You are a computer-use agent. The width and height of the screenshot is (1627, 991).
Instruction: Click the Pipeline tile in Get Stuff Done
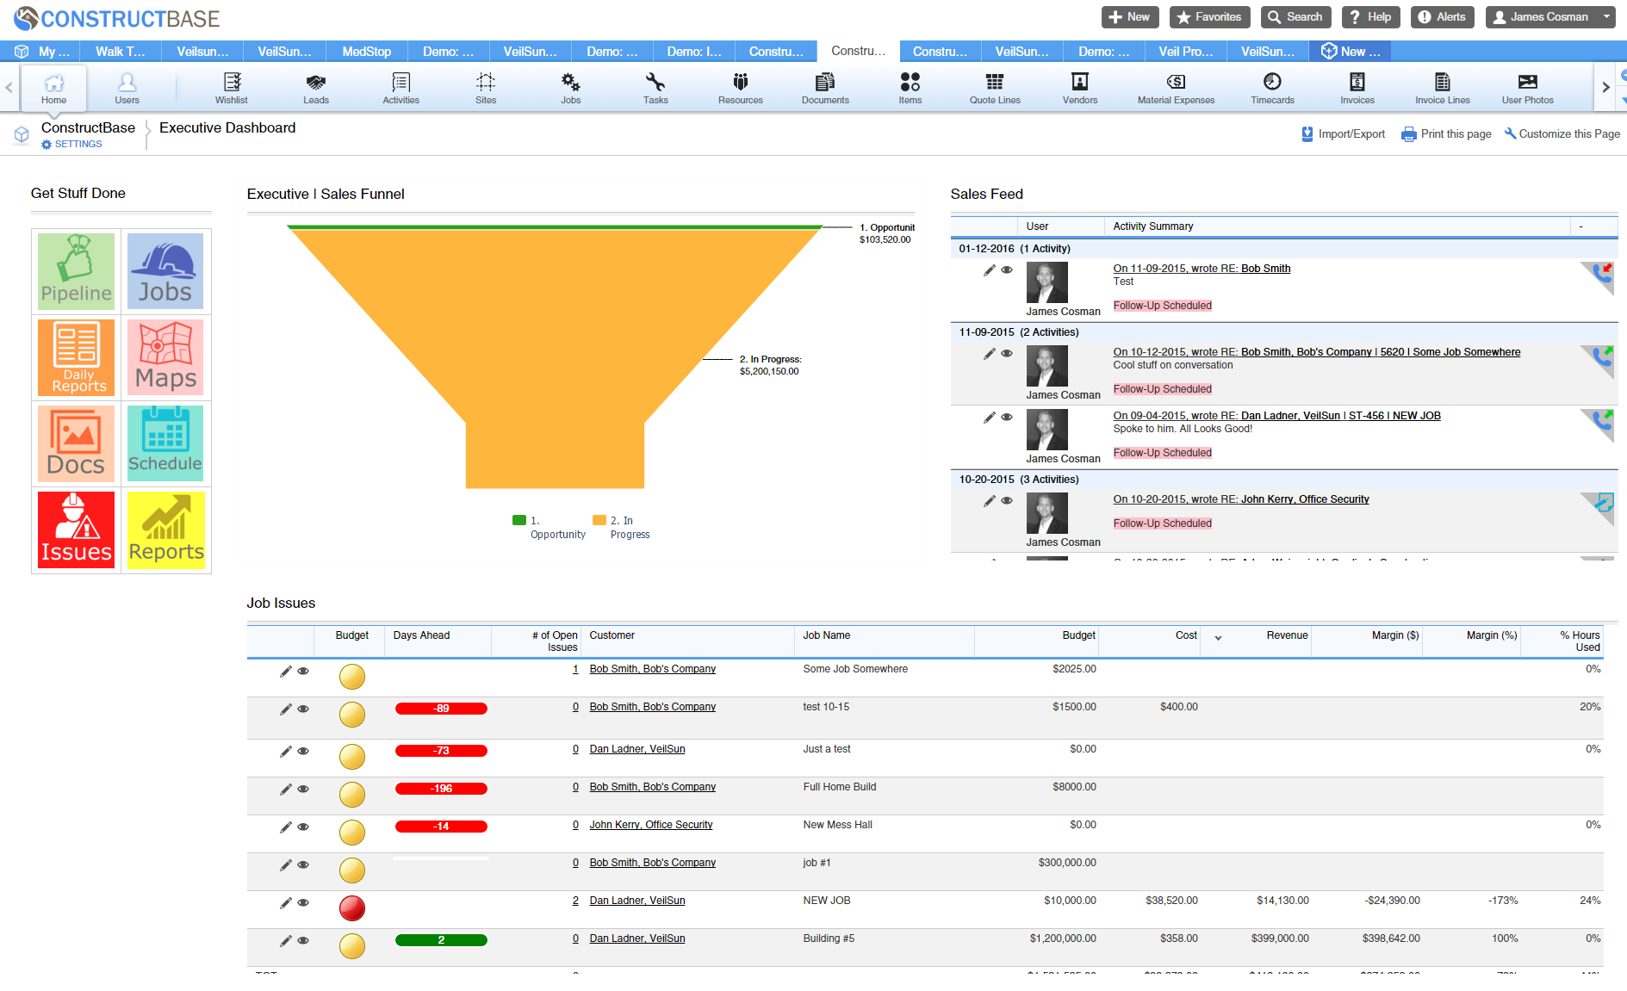pos(76,271)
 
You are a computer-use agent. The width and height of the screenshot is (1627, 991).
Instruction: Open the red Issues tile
pos(76,530)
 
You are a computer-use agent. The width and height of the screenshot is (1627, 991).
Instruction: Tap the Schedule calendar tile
pos(165,443)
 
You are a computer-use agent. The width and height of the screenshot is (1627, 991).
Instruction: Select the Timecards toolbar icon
pos(1271,88)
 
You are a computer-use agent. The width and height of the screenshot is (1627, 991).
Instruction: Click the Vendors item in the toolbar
pos(1079,88)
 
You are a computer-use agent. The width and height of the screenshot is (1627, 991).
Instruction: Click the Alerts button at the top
pos(1442,17)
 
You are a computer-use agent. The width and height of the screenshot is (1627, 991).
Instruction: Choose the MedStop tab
pos(366,52)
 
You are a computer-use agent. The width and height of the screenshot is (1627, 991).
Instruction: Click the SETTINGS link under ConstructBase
pos(78,145)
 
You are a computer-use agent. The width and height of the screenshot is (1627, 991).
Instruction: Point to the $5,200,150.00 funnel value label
pos(768,372)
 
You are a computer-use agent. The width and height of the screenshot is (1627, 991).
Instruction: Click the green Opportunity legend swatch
pos(519,520)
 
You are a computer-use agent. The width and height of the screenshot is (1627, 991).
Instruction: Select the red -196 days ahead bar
pos(441,789)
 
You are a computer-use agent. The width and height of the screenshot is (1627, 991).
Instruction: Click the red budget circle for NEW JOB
pos(351,907)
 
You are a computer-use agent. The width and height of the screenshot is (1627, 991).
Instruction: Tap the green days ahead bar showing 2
pos(441,940)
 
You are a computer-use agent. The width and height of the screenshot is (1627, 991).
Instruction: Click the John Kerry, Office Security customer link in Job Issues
pos(650,825)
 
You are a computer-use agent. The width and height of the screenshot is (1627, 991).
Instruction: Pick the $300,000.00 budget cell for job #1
pos(1066,863)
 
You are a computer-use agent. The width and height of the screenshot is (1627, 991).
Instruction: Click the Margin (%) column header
pos(1491,635)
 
